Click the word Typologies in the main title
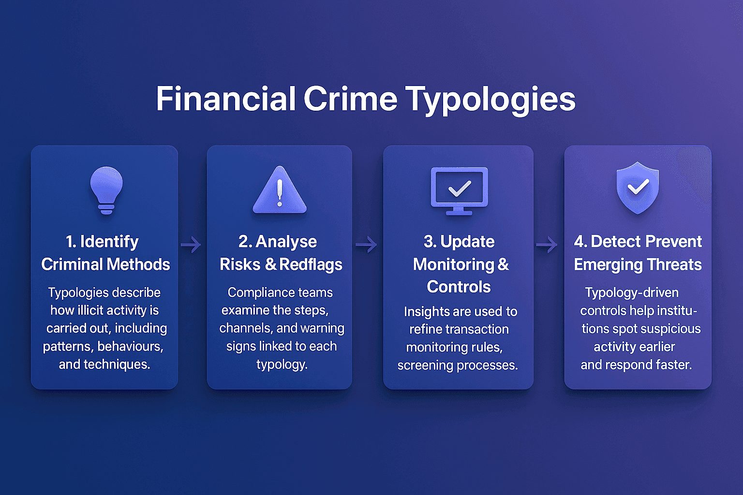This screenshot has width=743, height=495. coord(490,100)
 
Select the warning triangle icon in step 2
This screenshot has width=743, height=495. coord(280,190)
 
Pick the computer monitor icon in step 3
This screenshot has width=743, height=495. coord(459,190)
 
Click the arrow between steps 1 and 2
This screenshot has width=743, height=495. coord(191,245)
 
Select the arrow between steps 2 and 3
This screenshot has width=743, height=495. coord(366,245)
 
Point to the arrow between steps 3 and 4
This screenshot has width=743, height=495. coord(547,245)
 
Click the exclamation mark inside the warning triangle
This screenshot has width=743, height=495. coord(280,193)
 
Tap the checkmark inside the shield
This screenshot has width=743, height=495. coord(638,187)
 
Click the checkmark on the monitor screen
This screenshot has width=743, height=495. coord(460,188)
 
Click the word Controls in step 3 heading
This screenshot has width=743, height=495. coord(459,287)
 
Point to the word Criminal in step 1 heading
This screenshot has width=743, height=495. coord(72,264)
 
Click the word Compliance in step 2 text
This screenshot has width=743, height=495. coord(255,292)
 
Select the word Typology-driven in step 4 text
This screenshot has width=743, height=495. coord(632,292)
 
